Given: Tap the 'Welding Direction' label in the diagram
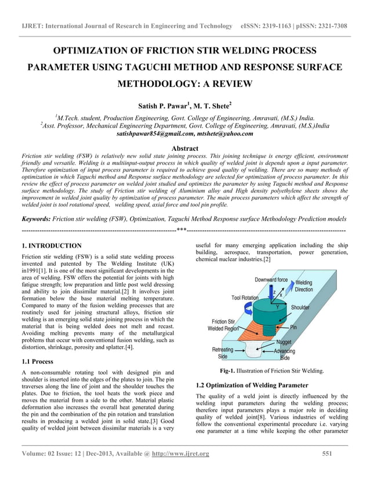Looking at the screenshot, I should tap(320, 286).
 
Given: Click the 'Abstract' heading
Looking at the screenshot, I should tap(185, 148).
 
